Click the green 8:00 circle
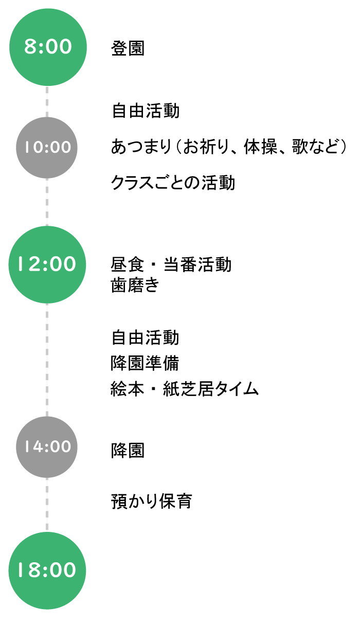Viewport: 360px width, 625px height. tap(48, 47)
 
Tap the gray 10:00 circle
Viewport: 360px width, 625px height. tap(47, 148)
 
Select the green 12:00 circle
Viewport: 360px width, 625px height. tap(47, 264)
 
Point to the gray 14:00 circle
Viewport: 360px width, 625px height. tap(47, 447)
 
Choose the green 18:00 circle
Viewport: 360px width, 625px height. tap(47, 570)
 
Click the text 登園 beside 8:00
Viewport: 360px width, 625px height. tap(128, 48)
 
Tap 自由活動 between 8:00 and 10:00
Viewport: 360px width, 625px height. tap(145, 111)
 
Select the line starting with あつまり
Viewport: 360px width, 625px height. tap(229, 147)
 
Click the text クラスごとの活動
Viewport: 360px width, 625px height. tap(173, 183)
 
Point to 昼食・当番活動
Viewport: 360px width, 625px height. tap(171, 264)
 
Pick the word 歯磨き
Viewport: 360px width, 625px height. tap(135, 285)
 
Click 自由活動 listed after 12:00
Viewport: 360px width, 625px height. tap(145, 337)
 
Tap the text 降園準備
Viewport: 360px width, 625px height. tap(145, 363)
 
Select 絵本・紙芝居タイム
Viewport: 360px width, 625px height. tap(185, 389)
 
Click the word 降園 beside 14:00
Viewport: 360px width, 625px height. tap(128, 451)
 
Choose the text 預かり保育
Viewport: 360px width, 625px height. tap(152, 502)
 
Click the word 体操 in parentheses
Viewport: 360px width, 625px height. tap(261, 147)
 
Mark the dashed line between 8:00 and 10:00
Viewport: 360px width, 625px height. tap(47, 101)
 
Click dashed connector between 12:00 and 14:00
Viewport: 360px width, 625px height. tap(47, 360)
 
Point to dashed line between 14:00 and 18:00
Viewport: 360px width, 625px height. tap(47, 505)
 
